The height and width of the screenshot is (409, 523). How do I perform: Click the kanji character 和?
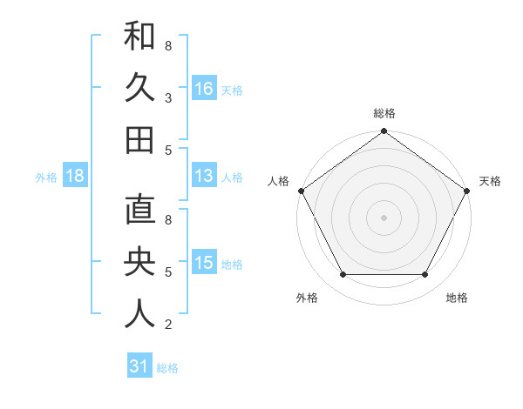coord(139,37)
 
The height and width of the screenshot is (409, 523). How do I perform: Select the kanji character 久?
coord(139,88)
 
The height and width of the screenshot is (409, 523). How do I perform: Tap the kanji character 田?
coord(139,140)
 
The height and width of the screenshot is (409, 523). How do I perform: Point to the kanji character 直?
coord(139,211)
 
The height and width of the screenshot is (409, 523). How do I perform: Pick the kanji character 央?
coord(139,262)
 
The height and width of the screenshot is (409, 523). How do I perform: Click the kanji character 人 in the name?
coord(139,314)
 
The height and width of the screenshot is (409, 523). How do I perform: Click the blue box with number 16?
coord(204,89)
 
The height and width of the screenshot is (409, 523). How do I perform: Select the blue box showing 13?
coord(204,176)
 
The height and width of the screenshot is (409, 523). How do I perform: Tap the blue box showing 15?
coord(204,263)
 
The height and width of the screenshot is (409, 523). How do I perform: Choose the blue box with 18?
coord(75,176)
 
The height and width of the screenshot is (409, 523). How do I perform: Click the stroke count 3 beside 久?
coord(167,98)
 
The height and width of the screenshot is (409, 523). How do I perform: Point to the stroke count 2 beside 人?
coord(167,325)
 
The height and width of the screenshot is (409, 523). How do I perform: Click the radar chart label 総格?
coord(384,113)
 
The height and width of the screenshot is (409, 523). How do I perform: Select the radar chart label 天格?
coord(490,181)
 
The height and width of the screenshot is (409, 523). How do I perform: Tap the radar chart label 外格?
coord(307,298)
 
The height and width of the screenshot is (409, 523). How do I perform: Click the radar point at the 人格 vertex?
coord(301,190)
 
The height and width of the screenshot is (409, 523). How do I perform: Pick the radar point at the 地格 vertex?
coord(425,275)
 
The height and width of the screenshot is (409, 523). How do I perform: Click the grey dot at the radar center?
coord(384,217)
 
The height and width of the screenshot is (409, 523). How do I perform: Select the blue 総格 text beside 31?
coord(167,367)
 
